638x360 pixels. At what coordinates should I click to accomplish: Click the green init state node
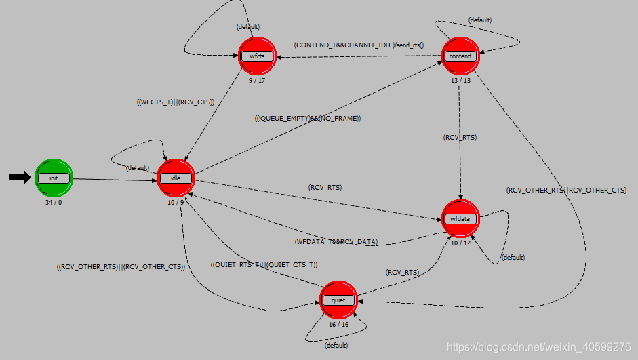(54, 178)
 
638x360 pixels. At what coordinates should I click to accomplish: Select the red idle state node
(176, 178)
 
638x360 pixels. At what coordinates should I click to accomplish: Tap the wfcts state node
(257, 56)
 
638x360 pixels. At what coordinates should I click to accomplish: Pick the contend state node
(460, 56)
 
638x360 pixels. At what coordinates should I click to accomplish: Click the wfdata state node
(460, 218)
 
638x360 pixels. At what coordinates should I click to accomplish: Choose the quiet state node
(338, 300)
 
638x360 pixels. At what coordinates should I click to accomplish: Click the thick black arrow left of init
(20, 178)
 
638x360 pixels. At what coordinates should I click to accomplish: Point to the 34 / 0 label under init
(54, 202)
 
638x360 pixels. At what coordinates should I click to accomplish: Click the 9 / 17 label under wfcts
(257, 81)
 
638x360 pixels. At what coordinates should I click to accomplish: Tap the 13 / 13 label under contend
(460, 81)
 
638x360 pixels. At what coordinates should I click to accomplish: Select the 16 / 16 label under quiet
(338, 325)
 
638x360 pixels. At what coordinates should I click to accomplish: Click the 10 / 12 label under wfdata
(460, 243)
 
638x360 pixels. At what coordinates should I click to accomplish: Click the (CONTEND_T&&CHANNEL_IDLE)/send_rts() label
(359, 45)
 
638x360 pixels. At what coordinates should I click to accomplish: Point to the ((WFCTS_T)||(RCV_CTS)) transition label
(176, 103)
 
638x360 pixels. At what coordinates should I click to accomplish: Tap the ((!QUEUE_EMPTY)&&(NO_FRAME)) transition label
(308, 119)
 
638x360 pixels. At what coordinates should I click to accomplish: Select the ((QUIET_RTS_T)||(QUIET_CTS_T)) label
(264, 264)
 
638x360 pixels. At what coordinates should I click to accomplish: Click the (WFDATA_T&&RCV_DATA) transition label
(336, 242)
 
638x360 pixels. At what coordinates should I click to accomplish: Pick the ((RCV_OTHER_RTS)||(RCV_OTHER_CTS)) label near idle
(121, 266)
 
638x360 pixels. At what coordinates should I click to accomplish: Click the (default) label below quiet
(336, 346)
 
